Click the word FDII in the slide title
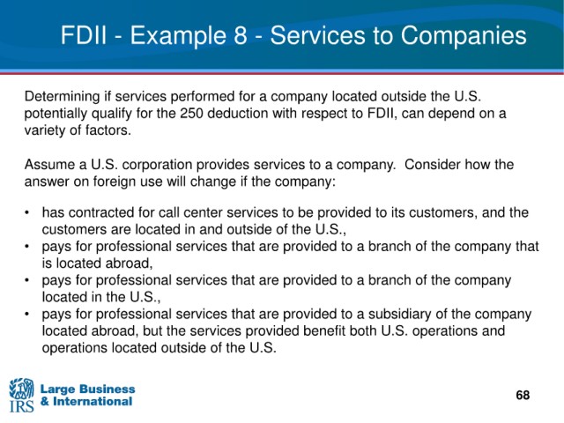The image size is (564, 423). (x=84, y=35)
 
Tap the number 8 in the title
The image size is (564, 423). (x=241, y=35)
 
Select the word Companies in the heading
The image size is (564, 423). (x=464, y=36)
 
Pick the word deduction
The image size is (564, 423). (x=238, y=114)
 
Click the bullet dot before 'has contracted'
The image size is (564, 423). (x=27, y=213)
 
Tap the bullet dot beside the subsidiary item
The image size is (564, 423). (x=27, y=315)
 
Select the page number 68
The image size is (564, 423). (x=523, y=395)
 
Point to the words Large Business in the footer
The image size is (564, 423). (x=88, y=389)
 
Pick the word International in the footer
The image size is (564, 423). (x=93, y=401)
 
